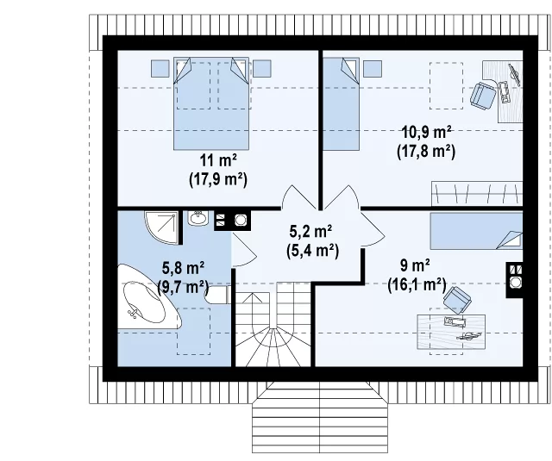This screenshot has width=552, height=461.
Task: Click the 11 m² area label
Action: (218, 160)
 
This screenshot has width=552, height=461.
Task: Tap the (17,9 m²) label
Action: (218, 179)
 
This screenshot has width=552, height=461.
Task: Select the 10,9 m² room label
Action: (426, 133)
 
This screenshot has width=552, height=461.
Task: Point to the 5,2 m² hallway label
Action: (310, 232)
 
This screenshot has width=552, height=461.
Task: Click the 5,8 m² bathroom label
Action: (183, 268)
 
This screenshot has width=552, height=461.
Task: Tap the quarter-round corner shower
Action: (160, 227)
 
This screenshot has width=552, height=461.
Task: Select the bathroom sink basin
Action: (198, 218)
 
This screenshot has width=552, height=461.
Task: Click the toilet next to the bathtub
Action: (217, 295)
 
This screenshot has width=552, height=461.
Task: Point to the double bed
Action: (211, 103)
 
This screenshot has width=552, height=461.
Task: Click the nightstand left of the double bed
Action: (160, 69)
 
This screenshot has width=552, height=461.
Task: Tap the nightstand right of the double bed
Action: (262, 69)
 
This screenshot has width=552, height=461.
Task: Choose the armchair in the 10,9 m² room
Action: (483, 94)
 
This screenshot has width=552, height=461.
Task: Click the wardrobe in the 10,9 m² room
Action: (477, 194)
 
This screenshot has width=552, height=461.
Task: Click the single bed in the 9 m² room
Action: (476, 231)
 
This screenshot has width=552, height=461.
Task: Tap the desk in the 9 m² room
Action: (451, 332)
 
